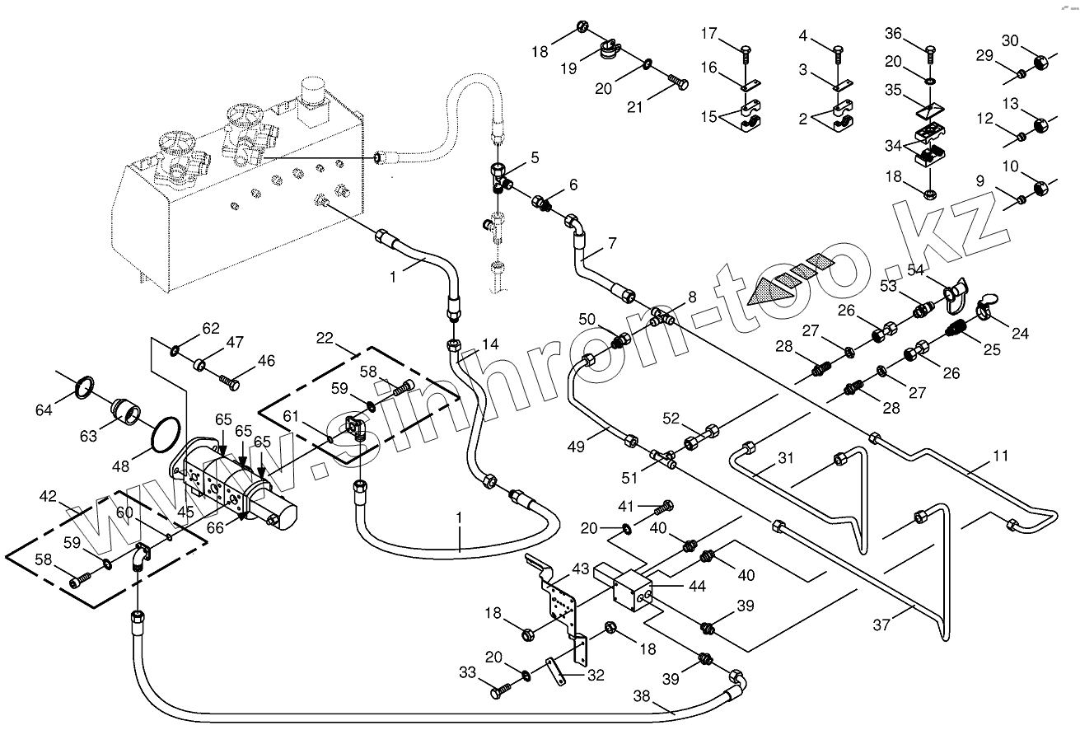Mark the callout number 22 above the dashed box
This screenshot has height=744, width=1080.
325,339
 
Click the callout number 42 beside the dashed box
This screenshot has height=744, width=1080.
49,497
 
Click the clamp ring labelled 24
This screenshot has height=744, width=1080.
984,311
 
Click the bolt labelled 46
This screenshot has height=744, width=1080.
230,381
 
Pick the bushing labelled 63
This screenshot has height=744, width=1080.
127,409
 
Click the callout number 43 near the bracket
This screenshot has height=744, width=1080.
582,569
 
